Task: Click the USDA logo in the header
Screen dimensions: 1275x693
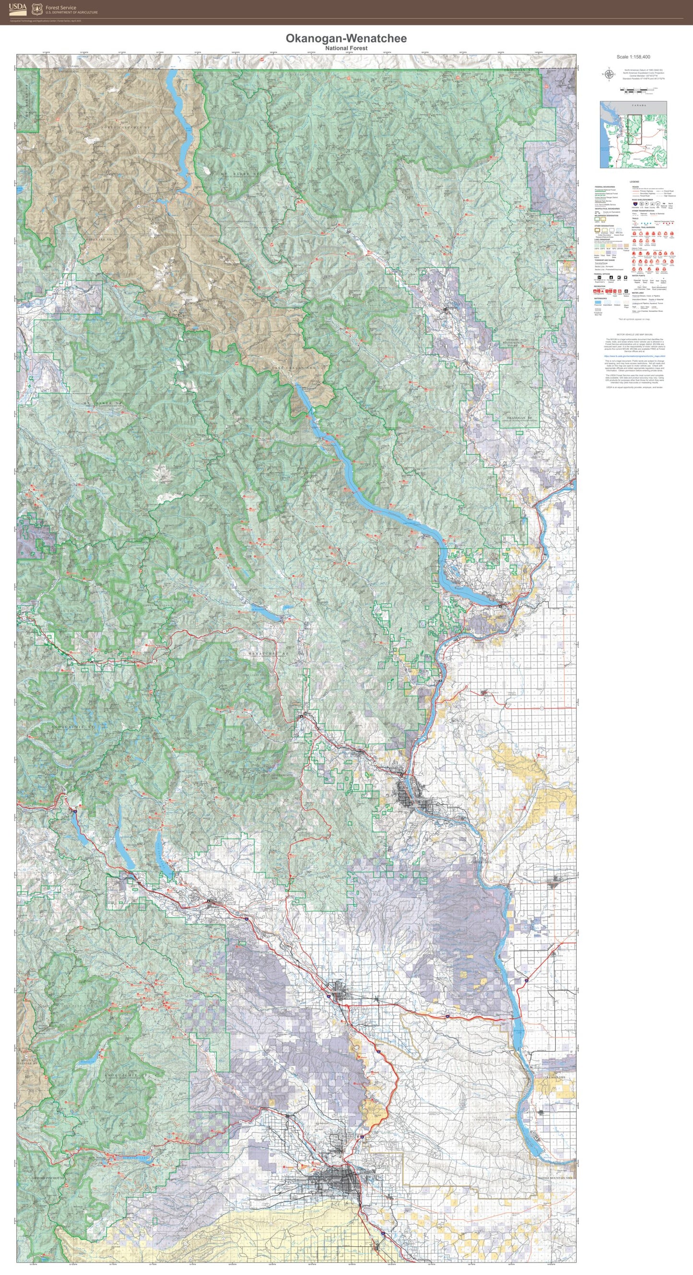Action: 17,9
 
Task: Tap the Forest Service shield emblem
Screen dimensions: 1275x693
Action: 36,9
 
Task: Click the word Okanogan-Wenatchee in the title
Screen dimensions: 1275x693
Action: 346,38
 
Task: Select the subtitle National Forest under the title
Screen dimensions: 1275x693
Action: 346,48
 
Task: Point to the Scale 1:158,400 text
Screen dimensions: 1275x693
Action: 633,57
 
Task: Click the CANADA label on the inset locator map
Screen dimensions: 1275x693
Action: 638,106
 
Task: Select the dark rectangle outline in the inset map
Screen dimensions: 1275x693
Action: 634,130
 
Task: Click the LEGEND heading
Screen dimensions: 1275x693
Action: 634,181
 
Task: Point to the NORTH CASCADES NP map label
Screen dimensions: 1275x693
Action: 125,128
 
